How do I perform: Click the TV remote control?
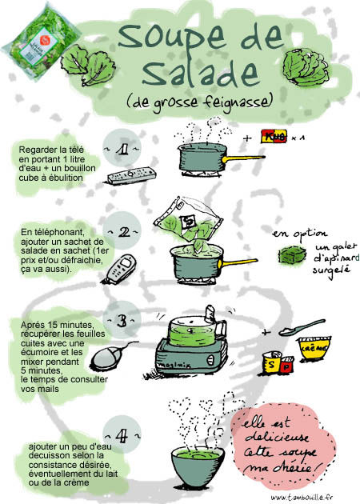[132, 175]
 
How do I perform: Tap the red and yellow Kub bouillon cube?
[274, 136]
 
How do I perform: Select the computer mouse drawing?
[106, 358]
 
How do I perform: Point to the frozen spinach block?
[292, 254]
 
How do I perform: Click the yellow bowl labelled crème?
[314, 349]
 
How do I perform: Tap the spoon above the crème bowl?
[302, 328]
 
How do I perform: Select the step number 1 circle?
[122, 148]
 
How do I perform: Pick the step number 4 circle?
[122, 435]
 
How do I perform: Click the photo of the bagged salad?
[41, 41]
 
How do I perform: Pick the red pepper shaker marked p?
[286, 365]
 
